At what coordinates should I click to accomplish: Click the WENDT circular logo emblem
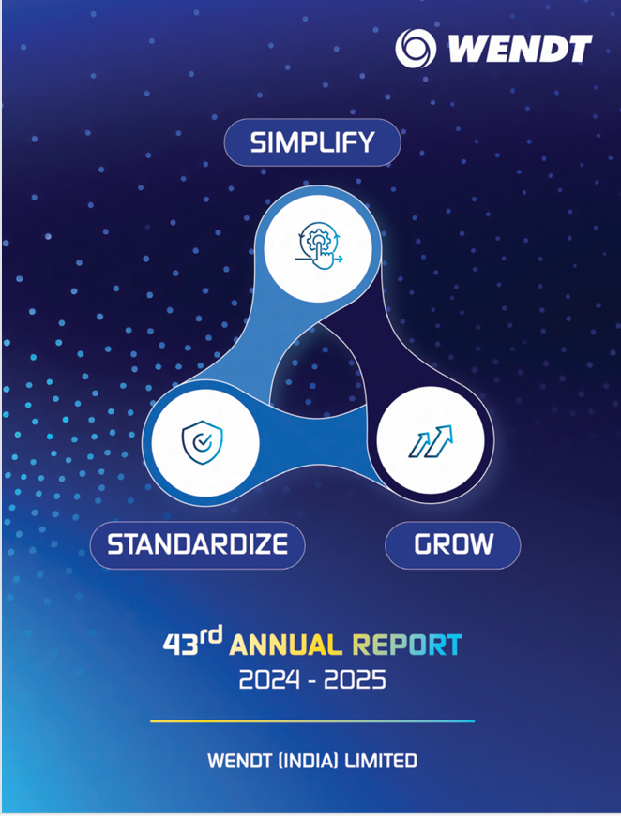pyautogui.click(x=416, y=49)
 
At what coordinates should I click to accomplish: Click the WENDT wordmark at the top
pyautogui.click(x=520, y=49)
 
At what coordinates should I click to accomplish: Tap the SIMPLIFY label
pyautogui.click(x=312, y=142)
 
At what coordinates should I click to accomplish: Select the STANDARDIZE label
pyautogui.click(x=197, y=544)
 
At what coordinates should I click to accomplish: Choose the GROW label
pyautogui.click(x=453, y=544)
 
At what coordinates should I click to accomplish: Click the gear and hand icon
pyautogui.click(x=318, y=245)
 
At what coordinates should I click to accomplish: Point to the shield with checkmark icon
pyautogui.click(x=202, y=442)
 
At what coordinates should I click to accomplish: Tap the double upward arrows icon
pyautogui.click(x=431, y=441)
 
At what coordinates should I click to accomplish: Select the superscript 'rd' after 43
pyautogui.click(x=210, y=635)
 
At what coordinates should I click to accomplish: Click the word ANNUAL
pyautogui.click(x=285, y=645)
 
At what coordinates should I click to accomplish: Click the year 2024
pyautogui.click(x=269, y=680)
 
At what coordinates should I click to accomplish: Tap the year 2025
pyautogui.click(x=355, y=680)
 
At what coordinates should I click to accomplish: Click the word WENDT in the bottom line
pyautogui.click(x=239, y=761)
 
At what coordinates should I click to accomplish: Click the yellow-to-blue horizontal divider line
pyautogui.click(x=312, y=721)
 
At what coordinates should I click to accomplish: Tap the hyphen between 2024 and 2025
pyautogui.click(x=311, y=682)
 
